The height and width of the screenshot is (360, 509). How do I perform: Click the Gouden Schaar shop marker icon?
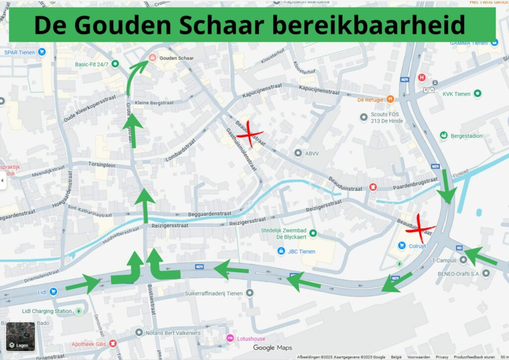pyautogui.click(x=152, y=58)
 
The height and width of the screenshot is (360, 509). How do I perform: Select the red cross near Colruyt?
pyautogui.click(x=420, y=228)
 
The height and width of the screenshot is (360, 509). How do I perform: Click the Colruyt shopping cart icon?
pyautogui.click(x=402, y=245)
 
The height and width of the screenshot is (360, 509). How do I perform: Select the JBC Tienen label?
pyautogui.click(x=301, y=252)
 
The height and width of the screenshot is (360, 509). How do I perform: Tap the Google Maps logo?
pyautogui.click(x=272, y=348)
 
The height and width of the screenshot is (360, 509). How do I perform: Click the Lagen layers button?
pyautogui.click(x=20, y=337)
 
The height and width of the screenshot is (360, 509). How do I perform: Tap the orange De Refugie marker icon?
pyautogui.click(x=390, y=99)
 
